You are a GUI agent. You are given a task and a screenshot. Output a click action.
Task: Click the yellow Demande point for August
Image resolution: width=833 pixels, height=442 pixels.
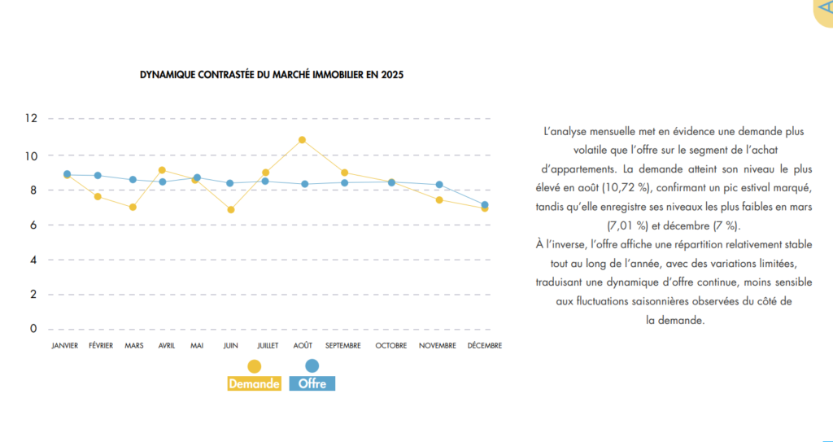tap(302, 140)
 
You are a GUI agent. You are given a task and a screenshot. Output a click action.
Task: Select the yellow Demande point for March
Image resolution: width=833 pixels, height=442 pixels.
tap(133, 207)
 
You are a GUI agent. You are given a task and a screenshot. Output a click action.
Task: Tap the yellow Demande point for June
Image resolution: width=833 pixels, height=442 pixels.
tap(231, 210)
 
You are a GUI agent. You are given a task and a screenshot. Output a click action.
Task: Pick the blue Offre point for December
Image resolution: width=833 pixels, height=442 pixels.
tap(485, 205)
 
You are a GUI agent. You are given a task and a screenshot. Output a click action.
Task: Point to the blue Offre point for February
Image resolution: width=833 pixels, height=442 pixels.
tap(98, 175)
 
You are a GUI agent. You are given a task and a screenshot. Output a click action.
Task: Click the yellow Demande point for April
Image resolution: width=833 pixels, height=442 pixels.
tap(162, 170)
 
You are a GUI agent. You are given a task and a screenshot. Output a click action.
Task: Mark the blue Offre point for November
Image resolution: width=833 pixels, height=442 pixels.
tap(439, 185)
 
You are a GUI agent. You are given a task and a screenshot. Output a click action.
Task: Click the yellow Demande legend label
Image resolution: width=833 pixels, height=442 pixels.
tap(255, 383)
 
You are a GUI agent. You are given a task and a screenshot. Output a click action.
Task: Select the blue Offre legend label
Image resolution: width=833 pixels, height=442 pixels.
tap(312, 383)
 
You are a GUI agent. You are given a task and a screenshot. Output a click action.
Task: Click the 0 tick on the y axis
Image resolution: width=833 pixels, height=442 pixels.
tap(33, 329)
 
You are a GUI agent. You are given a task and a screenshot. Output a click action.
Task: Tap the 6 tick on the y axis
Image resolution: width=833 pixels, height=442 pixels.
tap(33, 225)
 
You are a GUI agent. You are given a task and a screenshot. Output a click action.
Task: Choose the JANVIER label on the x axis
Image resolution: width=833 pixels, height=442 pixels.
tap(64, 346)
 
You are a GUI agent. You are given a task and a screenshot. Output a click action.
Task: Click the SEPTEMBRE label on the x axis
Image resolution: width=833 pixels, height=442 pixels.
tap(343, 346)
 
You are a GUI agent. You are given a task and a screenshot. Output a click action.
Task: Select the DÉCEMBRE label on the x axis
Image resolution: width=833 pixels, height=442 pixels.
tap(485, 346)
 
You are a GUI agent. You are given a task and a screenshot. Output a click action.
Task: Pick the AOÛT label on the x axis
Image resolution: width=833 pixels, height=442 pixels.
tap(303, 346)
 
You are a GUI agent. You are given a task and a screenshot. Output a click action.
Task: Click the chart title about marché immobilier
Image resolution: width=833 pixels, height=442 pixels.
tap(272, 74)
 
